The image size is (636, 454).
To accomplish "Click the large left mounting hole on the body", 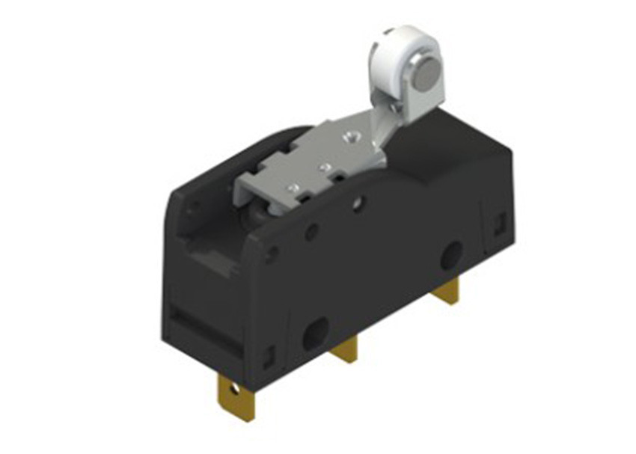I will click(315, 332).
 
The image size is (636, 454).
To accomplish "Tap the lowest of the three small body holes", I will click(271, 255).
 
